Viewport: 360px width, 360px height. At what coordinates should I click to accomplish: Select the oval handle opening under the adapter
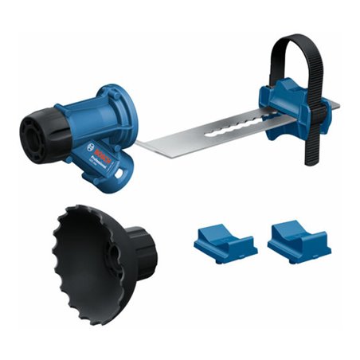click(123, 167)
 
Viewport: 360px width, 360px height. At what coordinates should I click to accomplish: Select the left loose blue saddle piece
click(224, 238)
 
